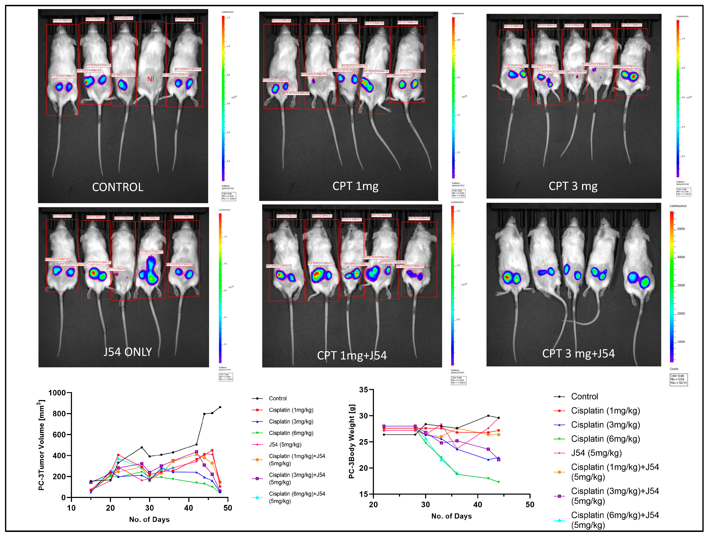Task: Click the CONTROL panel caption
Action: [x=118, y=187]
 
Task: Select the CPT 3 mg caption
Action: [x=573, y=186]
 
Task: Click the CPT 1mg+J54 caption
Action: [x=352, y=356]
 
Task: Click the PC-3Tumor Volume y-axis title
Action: [x=41, y=445]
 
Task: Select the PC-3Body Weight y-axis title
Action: [x=352, y=441]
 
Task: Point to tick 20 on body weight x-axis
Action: [x=373, y=505]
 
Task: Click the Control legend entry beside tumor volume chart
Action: [x=277, y=398]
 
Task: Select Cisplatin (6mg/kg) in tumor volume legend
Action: [x=291, y=433]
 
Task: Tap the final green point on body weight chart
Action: [x=498, y=482]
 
